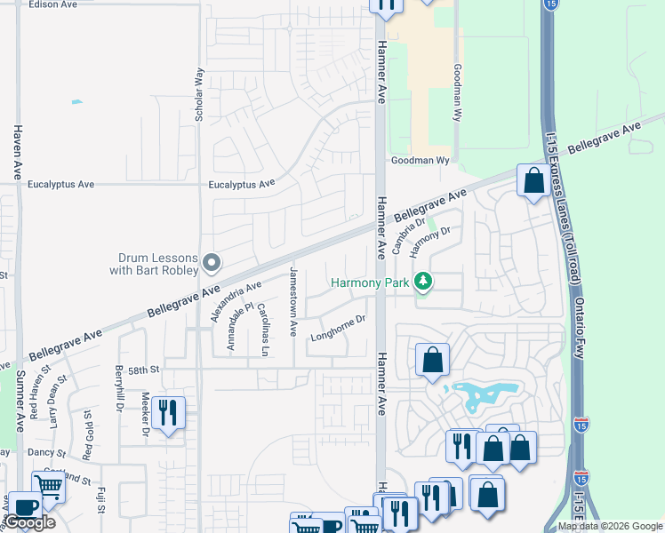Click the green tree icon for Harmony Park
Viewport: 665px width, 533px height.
pyautogui.click(x=424, y=282)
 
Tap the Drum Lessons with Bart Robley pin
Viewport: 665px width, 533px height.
pyautogui.click(x=212, y=262)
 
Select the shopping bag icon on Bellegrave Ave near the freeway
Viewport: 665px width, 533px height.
pyautogui.click(x=533, y=181)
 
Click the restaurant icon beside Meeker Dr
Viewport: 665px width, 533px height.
pyautogui.click(x=168, y=412)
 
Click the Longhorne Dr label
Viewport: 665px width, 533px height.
pyautogui.click(x=338, y=329)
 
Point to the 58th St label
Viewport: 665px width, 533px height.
pyautogui.click(x=142, y=369)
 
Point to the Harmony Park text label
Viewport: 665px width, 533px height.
pyautogui.click(x=369, y=283)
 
